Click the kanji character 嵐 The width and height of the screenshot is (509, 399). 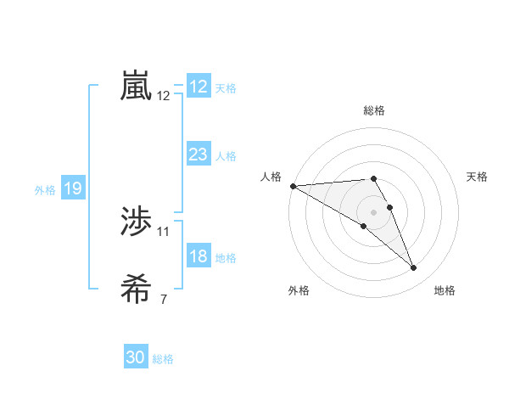click(137, 87)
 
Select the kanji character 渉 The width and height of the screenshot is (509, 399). click(137, 222)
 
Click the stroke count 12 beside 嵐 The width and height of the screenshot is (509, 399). click(164, 96)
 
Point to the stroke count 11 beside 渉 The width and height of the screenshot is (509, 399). click(164, 231)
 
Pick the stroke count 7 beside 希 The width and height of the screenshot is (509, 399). click(164, 299)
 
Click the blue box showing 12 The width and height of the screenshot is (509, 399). click(199, 87)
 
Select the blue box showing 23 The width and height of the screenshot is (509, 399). click(199, 155)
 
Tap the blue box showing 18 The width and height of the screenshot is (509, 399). click(199, 257)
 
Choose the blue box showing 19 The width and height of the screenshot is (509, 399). click(72, 188)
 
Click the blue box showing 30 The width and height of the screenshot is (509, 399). click(136, 357)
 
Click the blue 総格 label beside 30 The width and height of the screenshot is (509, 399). click(163, 359)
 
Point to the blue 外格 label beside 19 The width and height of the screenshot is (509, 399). click(45, 190)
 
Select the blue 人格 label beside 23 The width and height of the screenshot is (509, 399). click(226, 156)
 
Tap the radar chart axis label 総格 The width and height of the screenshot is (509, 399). click(374, 110)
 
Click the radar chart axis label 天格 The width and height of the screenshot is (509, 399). click(477, 177)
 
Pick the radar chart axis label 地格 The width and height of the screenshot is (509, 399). click(445, 290)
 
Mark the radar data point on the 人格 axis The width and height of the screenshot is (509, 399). click(293, 185)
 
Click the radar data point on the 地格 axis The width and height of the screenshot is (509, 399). click(414, 268)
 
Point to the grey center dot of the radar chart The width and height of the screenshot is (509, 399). click(374, 211)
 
